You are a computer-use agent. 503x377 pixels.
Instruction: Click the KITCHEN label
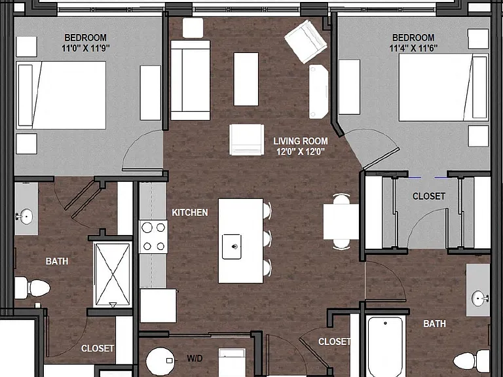point(190,213)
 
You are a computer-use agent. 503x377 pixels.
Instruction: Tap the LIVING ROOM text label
point(301,141)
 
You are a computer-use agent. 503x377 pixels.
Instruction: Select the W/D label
point(195,358)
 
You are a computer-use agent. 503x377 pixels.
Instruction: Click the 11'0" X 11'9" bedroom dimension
point(86,48)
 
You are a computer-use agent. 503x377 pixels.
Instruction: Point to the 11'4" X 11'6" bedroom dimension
point(413,48)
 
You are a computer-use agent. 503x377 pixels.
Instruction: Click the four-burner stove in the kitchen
point(153,237)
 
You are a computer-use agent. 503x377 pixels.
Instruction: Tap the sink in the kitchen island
point(232,246)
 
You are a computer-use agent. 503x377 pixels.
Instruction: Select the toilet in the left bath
point(32,288)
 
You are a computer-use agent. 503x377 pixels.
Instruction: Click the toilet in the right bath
point(472,361)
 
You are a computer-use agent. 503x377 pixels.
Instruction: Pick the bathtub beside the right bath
point(385,347)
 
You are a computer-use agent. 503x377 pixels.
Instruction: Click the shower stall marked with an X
point(113,275)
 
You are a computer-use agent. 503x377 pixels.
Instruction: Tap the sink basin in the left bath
point(24,217)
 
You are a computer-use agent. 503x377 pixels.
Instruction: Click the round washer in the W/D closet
point(160,361)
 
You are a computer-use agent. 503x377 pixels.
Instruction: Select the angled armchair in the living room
point(306,42)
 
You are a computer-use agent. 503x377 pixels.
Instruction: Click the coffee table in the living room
point(246,79)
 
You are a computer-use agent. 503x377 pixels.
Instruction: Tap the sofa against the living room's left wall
point(190,80)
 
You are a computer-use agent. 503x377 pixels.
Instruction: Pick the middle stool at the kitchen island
point(267,239)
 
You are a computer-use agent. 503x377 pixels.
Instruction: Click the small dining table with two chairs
point(341,222)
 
